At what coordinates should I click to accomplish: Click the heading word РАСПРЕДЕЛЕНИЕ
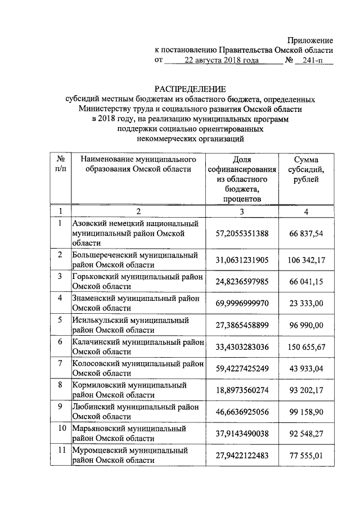point(190,89)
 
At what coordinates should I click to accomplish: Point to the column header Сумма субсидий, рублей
point(306,169)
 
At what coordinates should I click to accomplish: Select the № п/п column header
point(60,164)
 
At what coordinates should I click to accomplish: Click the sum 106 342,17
point(306,260)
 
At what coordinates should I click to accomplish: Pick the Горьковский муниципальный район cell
point(137,281)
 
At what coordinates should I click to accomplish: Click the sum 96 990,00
point(306,325)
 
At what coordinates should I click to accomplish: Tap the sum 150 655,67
point(306,347)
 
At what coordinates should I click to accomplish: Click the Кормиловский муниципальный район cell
point(137,390)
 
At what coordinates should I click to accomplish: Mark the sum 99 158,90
point(306,412)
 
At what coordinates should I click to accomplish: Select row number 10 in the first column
point(60,429)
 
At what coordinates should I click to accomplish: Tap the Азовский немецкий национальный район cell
point(137,233)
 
